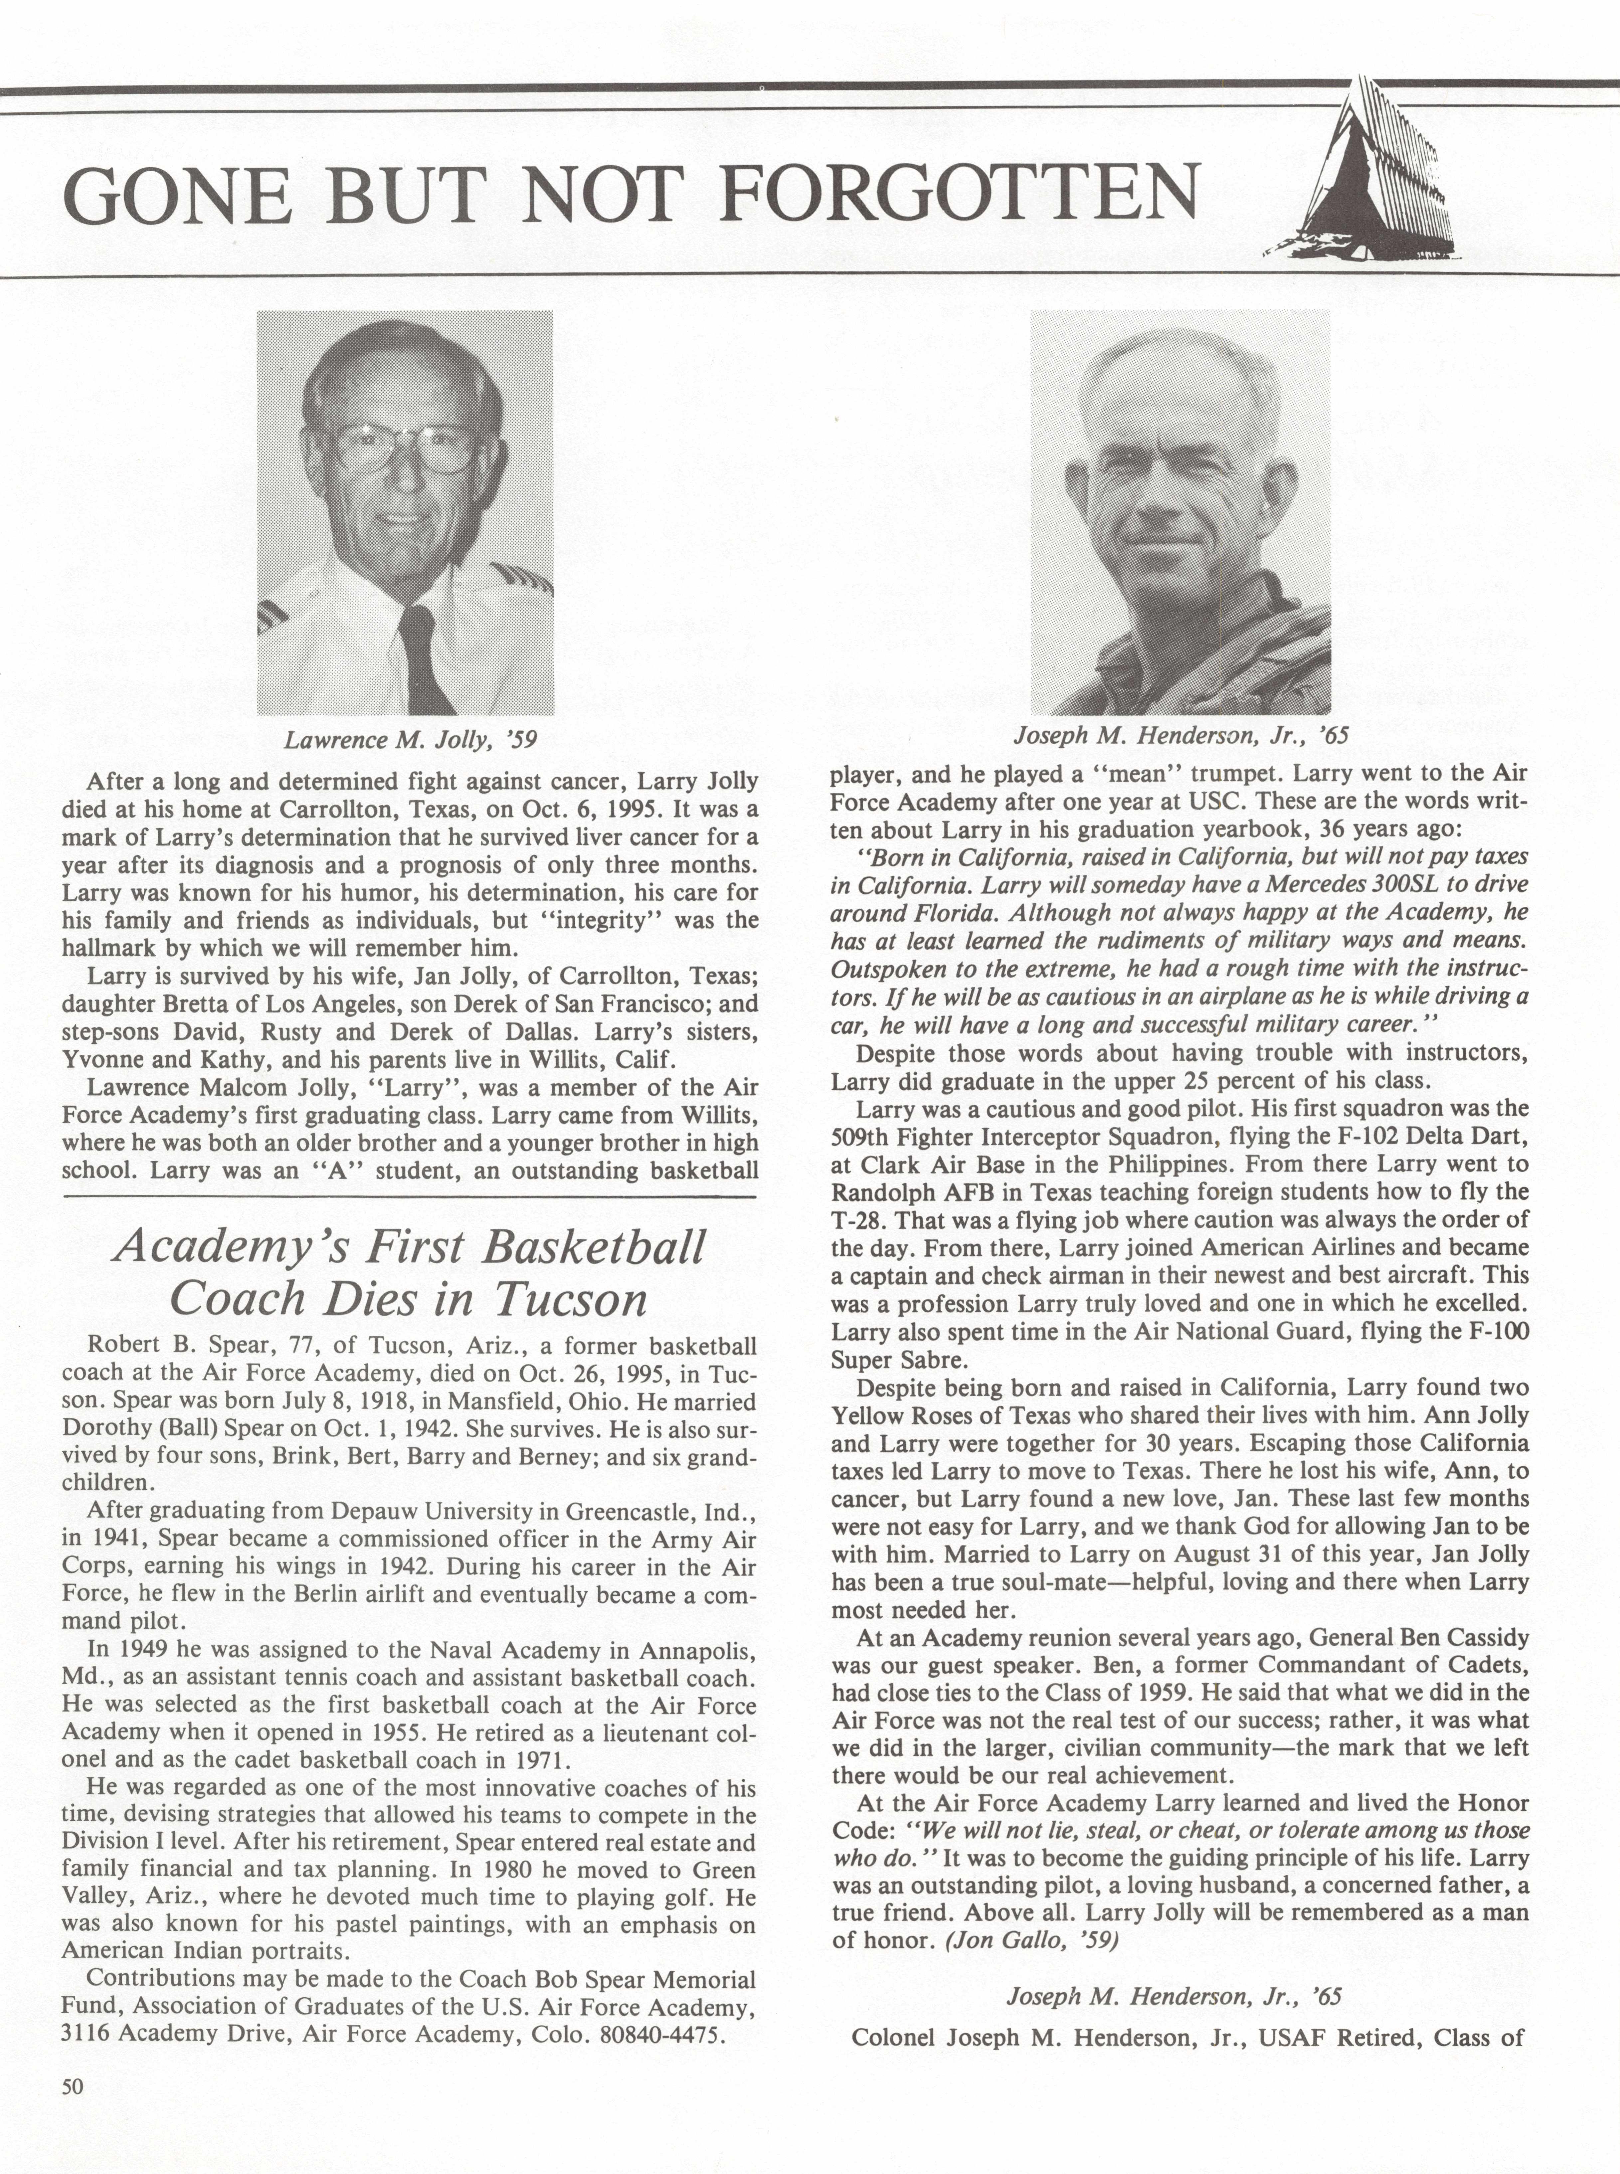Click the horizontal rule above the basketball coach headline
pyautogui.click(x=410, y=1197)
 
